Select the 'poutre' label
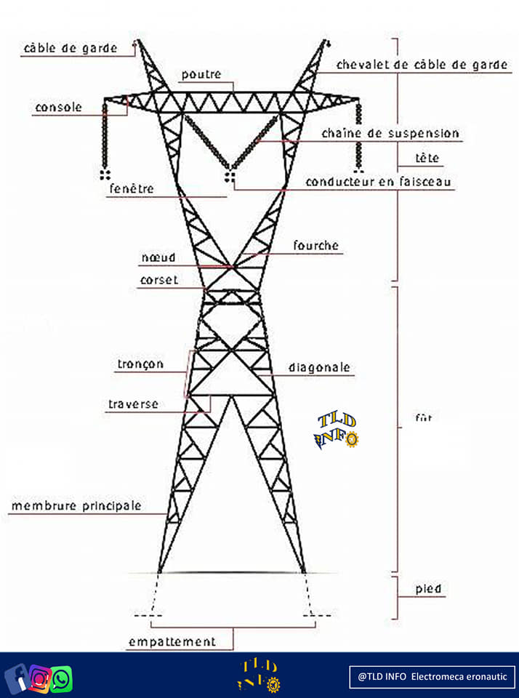point(201,74)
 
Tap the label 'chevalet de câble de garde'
point(422,65)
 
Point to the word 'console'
point(58,108)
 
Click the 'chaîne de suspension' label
point(390,134)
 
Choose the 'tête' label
point(427,158)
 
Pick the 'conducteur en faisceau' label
point(379,181)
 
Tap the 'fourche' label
point(315,246)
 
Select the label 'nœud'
point(158,257)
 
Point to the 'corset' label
point(158,280)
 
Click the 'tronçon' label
point(140,364)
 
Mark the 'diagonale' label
point(319,368)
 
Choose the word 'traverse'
point(133,404)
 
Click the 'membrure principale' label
point(76,505)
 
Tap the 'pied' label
point(428,588)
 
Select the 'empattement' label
point(172,642)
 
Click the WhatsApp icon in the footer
point(62,679)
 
